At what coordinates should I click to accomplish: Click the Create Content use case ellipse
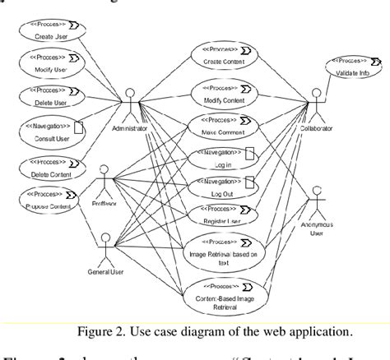point(219,58)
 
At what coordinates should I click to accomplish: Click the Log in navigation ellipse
point(219,158)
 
